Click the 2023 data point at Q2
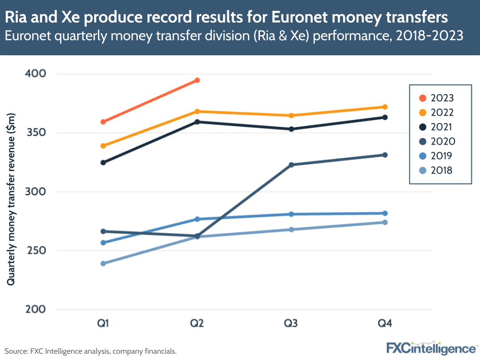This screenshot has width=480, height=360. click(x=197, y=80)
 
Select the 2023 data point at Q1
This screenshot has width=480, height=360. click(x=103, y=122)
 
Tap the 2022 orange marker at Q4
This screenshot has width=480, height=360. click(x=385, y=107)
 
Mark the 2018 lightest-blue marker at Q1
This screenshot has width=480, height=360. click(x=103, y=263)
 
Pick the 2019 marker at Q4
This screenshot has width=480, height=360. click(x=385, y=213)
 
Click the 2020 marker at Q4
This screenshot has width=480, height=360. click(x=385, y=155)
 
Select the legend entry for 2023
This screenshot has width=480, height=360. click(x=436, y=98)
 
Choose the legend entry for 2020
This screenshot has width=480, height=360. click(x=436, y=141)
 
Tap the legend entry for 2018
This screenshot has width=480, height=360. click(x=436, y=170)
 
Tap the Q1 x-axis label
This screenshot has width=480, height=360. click(x=103, y=323)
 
